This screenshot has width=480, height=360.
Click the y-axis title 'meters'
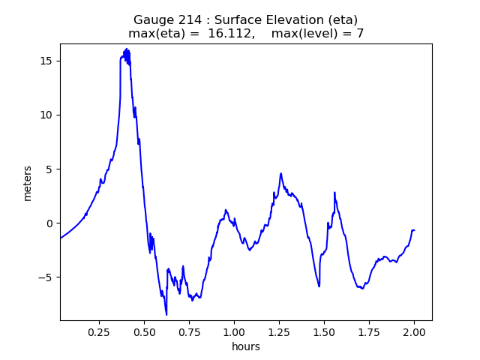(28, 182)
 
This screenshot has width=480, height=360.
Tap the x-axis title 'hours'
(246, 346)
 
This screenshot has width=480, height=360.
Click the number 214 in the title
(186, 20)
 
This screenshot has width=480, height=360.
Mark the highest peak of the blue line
(127, 49)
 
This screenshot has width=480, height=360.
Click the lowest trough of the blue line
(166, 314)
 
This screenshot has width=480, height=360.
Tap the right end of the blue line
(414, 230)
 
